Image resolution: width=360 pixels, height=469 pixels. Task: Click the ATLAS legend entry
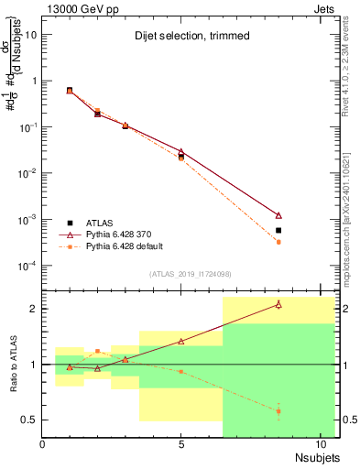[101, 223]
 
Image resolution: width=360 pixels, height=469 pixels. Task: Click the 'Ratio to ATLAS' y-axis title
[12, 365]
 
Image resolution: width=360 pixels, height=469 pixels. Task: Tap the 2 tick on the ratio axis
[33, 309]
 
